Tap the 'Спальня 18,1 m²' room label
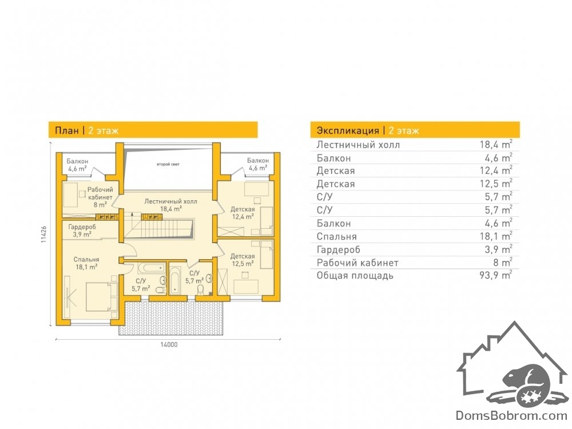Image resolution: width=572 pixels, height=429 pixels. coord(86,263)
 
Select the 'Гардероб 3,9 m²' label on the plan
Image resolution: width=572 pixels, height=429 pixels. coord(82,231)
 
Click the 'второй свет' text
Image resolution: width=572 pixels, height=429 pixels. coord(168,165)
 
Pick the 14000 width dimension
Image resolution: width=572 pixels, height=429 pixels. coord(169,344)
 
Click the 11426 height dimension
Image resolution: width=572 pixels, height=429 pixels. coord(44,234)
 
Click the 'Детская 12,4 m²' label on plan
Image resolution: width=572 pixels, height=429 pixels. coord(243,213)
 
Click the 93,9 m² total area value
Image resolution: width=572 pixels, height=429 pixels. coord(496,275)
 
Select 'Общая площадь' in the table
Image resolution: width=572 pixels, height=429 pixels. coord(355,276)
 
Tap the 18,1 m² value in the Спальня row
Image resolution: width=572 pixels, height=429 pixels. coord(496,236)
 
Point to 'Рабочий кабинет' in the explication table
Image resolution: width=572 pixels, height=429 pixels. coord(357,263)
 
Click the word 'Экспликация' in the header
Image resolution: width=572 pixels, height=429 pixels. coord(348,130)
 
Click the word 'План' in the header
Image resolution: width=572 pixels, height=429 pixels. coord(67,130)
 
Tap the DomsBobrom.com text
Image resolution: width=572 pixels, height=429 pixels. coord(511,415)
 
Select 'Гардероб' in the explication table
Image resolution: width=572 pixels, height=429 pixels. coord(338,249)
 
